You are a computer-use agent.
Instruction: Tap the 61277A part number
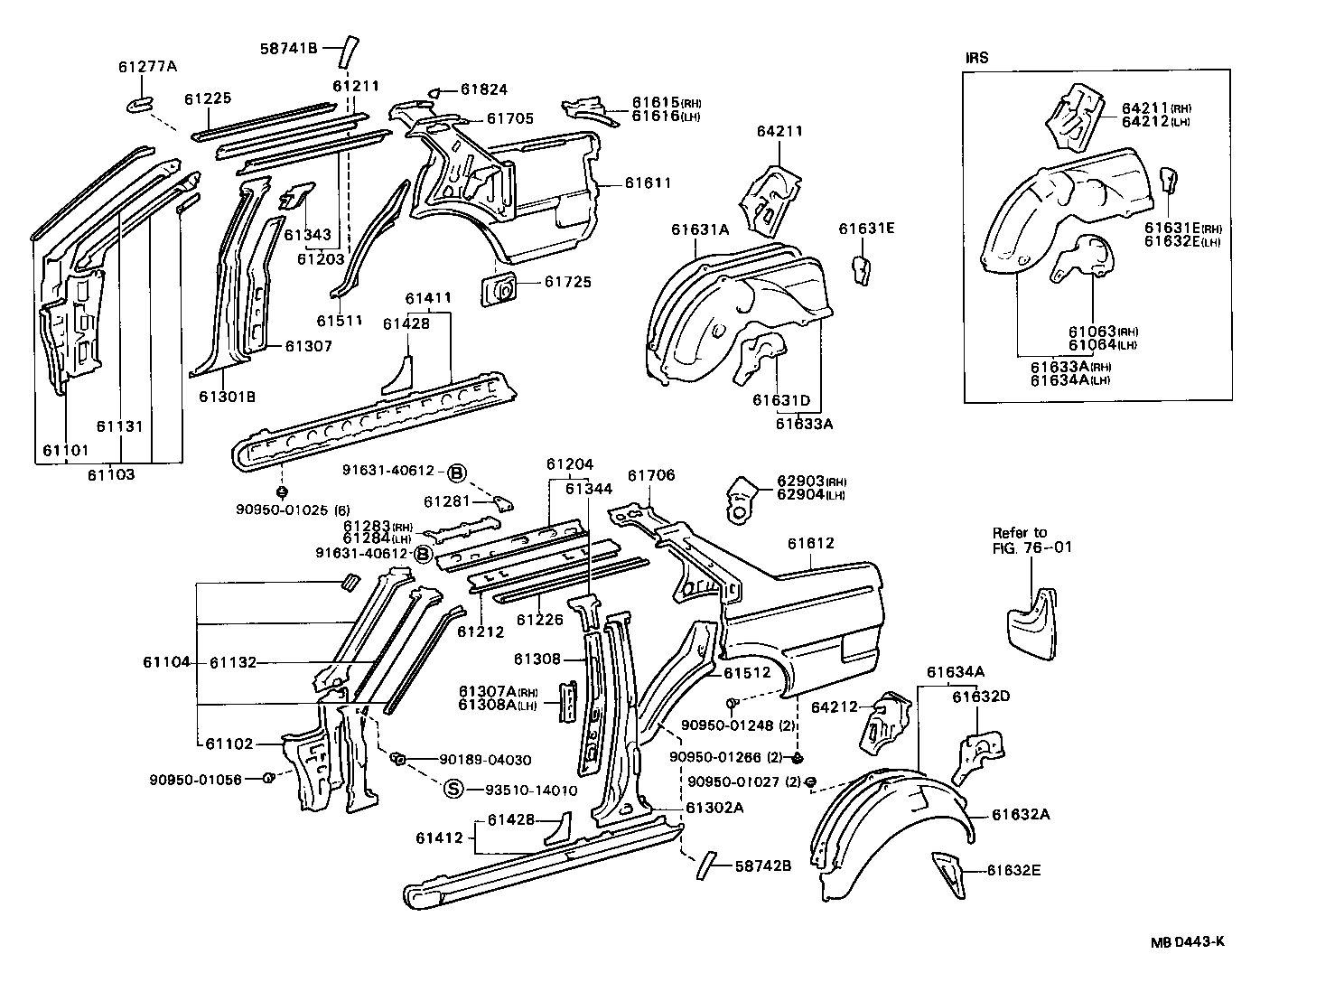point(147,66)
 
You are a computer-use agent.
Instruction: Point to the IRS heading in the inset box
point(977,58)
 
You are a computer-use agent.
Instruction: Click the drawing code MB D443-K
point(1187,941)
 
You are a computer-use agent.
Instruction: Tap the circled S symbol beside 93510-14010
point(453,789)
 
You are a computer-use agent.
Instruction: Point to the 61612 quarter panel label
point(810,544)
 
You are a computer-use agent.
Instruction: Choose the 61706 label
point(651,475)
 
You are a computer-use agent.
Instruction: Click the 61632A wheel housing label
point(1021,814)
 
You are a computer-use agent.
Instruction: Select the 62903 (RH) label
point(810,482)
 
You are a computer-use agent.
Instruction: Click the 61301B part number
point(228,395)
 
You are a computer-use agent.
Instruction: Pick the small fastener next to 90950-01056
point(267,779)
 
